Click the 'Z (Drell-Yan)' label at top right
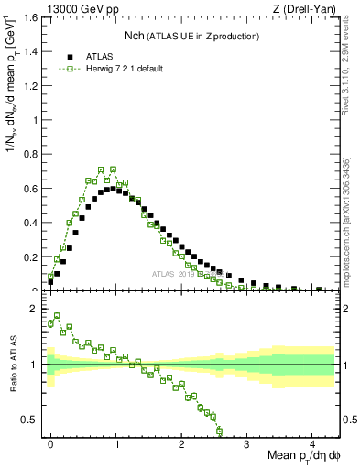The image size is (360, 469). click(309, 8)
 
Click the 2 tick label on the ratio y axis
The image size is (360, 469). click(38, 310)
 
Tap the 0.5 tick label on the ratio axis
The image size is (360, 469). click(33, 420)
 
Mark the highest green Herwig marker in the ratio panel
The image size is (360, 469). click(57, 315)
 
